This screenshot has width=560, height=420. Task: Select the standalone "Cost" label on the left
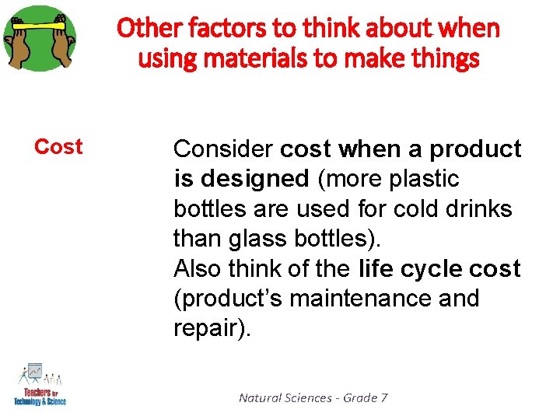tap(58, 147)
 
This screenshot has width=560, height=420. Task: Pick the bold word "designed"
tap(254, 179)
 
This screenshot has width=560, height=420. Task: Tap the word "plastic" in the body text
tap(426, 179)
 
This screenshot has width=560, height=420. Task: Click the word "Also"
tap(198, 269)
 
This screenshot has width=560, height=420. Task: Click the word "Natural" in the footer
tap(261, 398)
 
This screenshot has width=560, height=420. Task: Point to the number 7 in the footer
tap(383, 398)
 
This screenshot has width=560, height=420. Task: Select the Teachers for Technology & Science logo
tap(40, 385)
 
